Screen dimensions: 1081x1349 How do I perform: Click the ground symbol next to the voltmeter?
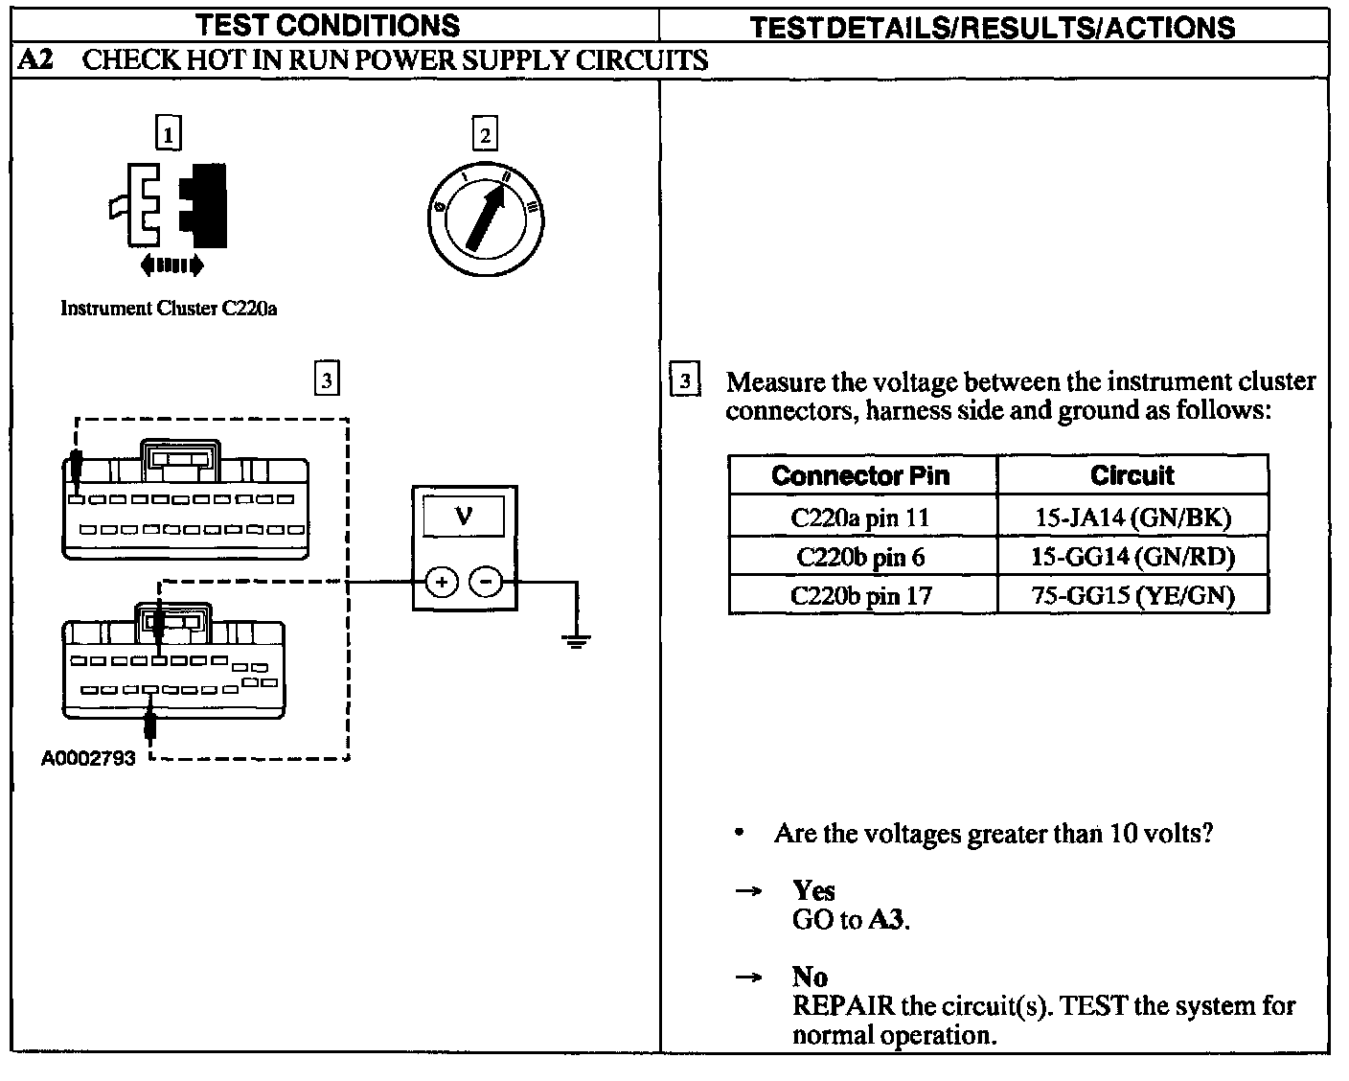[x=576, y=640]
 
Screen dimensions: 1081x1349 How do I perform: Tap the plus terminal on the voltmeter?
[x=442, y=582]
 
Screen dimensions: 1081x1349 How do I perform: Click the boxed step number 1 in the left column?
[x=168, y=135]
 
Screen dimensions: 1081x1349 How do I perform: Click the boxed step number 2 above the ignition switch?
[x=485, y=135]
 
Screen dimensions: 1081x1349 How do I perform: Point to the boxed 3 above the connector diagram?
[x=327, y=380]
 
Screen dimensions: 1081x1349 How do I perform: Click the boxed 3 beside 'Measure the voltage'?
[x=684, y=381]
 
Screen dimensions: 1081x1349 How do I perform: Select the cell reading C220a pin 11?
[x=860, y=517]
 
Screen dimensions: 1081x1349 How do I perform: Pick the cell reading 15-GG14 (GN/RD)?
[x=1132, y=557]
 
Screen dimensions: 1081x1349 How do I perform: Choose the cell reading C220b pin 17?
[x=860, y=595]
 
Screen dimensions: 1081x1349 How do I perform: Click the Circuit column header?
[x=1132, y=475]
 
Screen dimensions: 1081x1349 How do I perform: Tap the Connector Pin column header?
[x=860, y=475]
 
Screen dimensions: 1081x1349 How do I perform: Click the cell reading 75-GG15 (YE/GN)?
[x=1132, y=595]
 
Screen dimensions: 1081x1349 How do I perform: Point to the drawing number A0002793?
[x=88, y=758]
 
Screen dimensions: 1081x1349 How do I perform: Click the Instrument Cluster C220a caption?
[x=169, y=309]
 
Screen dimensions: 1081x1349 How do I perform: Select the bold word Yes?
[x=813, y=891]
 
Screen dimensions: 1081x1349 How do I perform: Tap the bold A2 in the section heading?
[x=36, y=60]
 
